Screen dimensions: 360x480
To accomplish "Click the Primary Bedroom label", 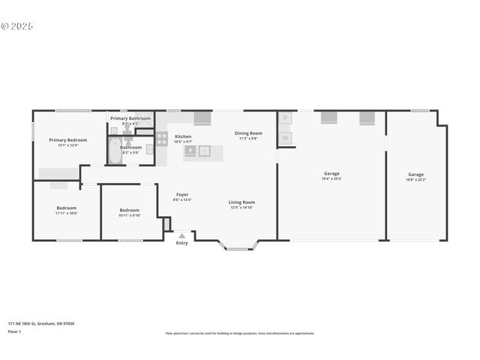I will point(68,139).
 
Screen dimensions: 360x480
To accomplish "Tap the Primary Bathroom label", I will point(130,118).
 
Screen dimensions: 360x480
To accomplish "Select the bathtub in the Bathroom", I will point(115,151).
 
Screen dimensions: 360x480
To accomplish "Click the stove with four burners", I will point(161,139).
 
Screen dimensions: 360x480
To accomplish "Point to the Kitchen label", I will point(183,136).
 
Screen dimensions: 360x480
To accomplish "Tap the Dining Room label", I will point(248,133).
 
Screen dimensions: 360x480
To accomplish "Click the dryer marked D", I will point(285,118).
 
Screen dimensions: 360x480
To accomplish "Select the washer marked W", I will point(285,138).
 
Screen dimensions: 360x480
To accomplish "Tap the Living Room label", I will point(241,202).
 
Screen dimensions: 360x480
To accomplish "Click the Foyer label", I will point(182,195).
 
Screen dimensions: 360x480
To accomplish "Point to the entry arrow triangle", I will point(181,235).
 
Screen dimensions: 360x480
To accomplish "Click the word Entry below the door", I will point(181,243).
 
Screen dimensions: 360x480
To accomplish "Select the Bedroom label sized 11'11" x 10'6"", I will point(66,208).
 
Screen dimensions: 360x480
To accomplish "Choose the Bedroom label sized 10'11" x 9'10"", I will point(130,210).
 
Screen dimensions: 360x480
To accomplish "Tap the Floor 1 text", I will point(14,331).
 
